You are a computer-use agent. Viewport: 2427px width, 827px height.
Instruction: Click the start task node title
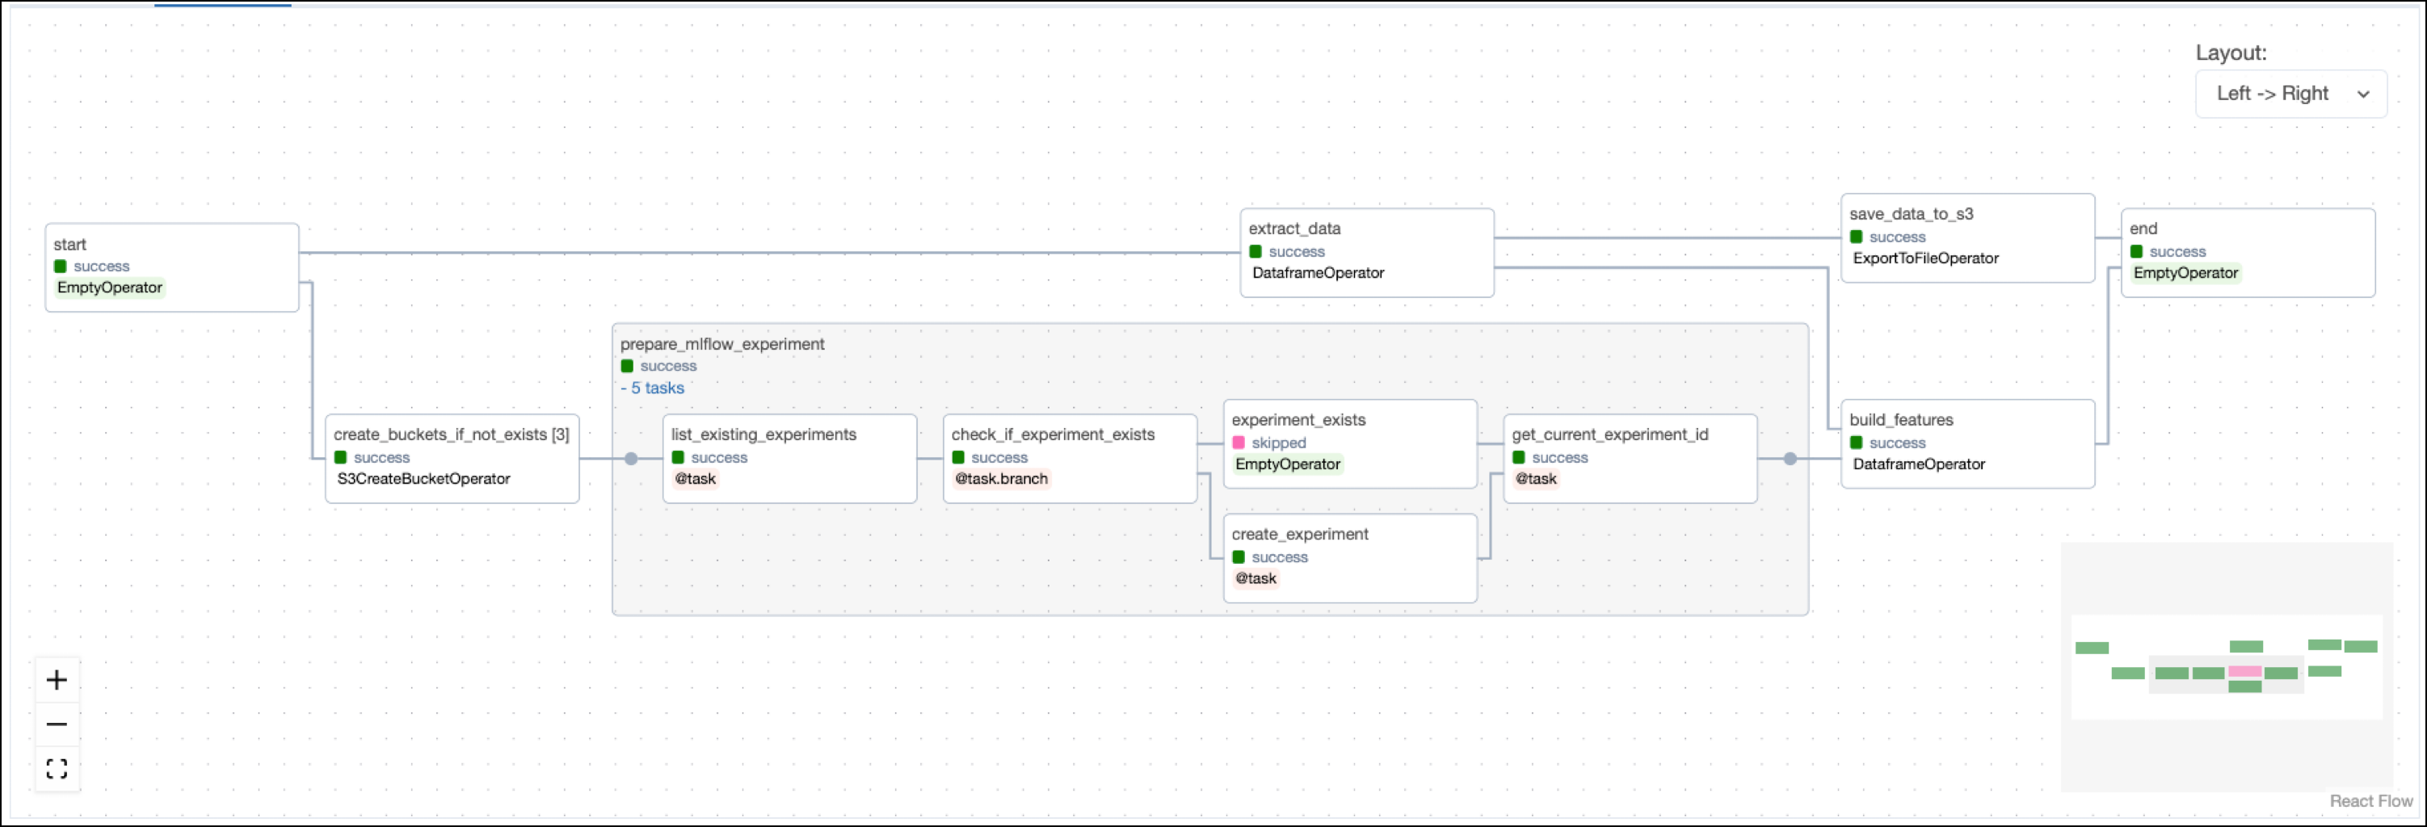point(69,244)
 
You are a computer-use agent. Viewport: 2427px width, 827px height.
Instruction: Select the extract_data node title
point(1293,228)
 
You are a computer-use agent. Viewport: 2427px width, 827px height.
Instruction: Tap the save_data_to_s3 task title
point(1910,214)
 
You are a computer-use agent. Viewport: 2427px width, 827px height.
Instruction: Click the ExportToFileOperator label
point(1924,258)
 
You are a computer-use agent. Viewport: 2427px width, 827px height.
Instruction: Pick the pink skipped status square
point(1238,443)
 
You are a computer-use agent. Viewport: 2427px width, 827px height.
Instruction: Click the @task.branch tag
point(1000,478)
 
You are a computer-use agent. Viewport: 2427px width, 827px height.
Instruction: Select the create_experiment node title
point(1299,534)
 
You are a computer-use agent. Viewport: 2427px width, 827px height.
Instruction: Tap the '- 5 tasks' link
point(652,388)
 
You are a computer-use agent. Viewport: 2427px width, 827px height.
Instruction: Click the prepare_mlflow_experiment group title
point(721,344)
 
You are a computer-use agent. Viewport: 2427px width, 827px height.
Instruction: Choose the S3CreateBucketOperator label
point(423,478)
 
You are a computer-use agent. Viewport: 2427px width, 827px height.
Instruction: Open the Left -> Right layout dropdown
point(2290,93)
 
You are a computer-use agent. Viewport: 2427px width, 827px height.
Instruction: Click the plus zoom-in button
point(57,680)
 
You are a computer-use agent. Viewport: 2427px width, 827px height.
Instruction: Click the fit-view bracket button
point(57,769)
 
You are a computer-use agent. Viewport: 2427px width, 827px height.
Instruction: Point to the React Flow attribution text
point(2370,800)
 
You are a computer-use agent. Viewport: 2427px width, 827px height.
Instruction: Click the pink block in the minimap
point(2244,672)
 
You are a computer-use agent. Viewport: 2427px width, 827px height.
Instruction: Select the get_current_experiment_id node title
point(1609,434)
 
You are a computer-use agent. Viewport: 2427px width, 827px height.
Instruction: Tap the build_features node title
point(1900,419)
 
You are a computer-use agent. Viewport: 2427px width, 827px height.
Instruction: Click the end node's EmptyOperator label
point(2185,273)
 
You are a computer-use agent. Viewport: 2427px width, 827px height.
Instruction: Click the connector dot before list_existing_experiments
point(631,459)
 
